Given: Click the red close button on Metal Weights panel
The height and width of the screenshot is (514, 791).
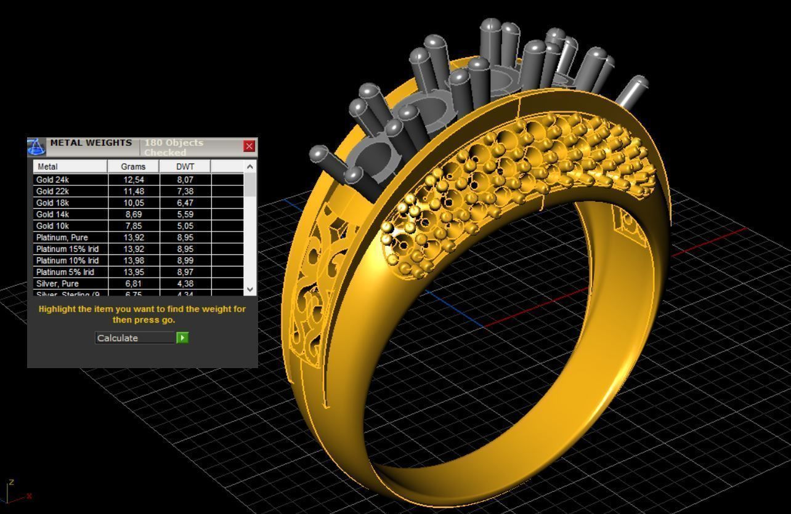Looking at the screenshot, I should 249,146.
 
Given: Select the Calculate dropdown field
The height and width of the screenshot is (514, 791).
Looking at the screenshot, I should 136,338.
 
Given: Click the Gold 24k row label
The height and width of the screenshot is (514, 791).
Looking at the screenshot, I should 52,180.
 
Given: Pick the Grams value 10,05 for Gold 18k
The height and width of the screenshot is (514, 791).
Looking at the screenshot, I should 134,203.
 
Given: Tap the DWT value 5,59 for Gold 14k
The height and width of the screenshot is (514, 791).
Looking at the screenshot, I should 185,214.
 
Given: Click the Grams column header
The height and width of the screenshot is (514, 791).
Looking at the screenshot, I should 133,166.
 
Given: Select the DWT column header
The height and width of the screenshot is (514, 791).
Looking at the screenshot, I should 185,166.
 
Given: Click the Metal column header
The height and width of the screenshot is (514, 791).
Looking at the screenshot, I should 47,166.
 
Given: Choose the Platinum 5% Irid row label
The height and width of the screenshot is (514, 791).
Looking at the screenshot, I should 65,272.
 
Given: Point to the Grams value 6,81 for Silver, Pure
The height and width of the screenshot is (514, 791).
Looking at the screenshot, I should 134,284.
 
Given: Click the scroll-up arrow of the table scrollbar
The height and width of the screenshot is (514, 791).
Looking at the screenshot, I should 249,167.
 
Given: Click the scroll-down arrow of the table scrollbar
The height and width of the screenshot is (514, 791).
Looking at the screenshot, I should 249,289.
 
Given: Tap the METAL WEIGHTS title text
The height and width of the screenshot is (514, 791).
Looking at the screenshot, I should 91,143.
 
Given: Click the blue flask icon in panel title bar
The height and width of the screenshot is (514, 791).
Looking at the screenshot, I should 36,147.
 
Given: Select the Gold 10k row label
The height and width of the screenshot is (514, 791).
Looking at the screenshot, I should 52,226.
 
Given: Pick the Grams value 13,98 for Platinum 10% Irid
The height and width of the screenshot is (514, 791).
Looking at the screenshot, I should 134,260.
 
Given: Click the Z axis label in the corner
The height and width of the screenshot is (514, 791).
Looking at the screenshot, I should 11,482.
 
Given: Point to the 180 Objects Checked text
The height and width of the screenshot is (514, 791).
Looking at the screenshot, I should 174,147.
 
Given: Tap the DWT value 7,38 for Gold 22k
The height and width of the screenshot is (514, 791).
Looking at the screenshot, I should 185,191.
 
